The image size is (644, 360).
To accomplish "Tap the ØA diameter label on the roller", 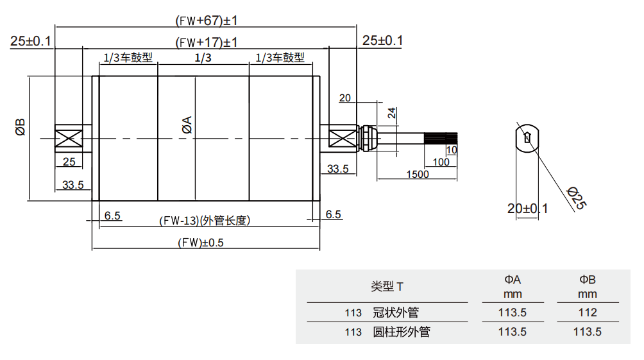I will (187, 124).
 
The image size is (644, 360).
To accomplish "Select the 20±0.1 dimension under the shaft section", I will (527, 209).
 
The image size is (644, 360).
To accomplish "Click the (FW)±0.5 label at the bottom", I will (203, 243).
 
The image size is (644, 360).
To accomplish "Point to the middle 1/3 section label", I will (203, 58).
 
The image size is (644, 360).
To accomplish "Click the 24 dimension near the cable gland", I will (391, 114).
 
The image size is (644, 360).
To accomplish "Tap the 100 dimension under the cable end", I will (441, 162).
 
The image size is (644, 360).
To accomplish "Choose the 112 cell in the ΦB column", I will (587, 313).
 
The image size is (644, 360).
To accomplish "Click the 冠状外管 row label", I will (395, 313).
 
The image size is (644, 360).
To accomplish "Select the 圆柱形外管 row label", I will (401, 332).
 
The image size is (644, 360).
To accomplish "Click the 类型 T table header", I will (387, 286).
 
